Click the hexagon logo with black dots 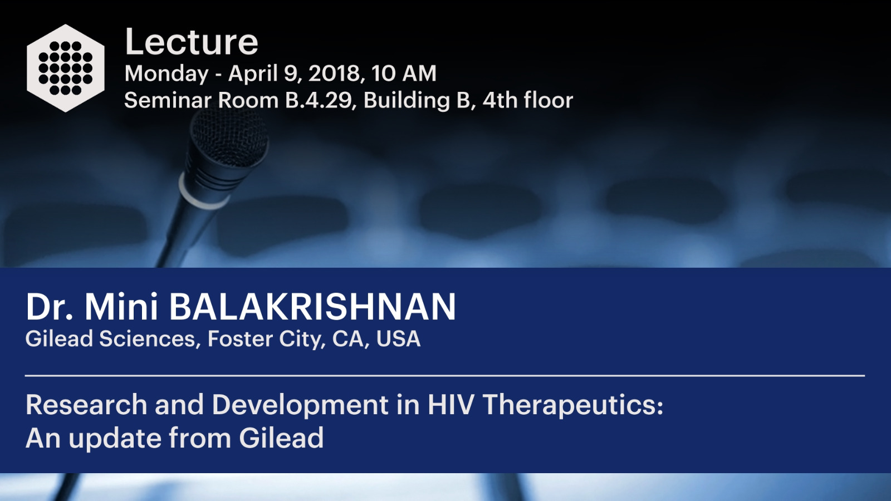pos(66,68)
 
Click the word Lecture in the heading pos(192,42)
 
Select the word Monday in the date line pos(167,74)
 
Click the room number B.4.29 pos(319,100)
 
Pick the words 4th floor pos(528,100)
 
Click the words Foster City pos(264,339)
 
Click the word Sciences pos(147,339)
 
